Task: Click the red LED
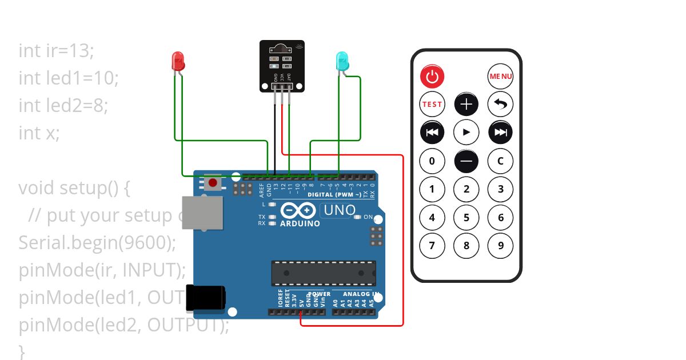pos(178,61)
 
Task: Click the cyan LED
pos(342,61)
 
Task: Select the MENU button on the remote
pos(500,76)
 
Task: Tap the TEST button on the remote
pos(432,104)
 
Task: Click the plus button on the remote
pos(466,104)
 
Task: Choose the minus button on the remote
pos(466,161)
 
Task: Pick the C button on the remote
pos(500,161)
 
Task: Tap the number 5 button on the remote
pos(466,217)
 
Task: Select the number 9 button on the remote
pos(500,246)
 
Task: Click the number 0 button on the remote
pos(432,161)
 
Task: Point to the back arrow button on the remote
pos(500,104)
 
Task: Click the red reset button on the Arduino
pos(213,183)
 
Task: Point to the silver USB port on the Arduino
pos(202,212)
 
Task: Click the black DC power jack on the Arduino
pos(205,298)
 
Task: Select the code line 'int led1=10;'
pos(69,78)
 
